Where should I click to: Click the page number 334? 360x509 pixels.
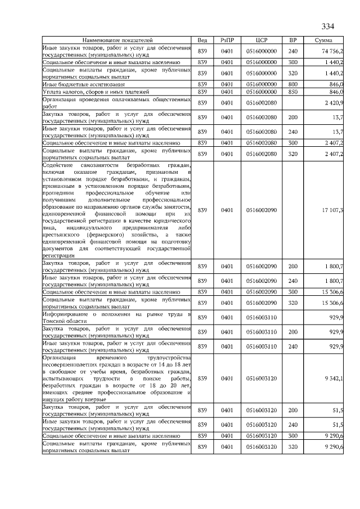[x=328, y=26]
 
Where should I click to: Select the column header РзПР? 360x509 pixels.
[x=227, y=40]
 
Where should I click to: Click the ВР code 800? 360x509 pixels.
[x=292, y=84]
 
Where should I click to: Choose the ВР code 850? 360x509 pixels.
[x=292, y=91]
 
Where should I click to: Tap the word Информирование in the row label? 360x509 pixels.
[x=64, y=314]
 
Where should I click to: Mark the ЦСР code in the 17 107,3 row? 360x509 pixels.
[x=261, y=210]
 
